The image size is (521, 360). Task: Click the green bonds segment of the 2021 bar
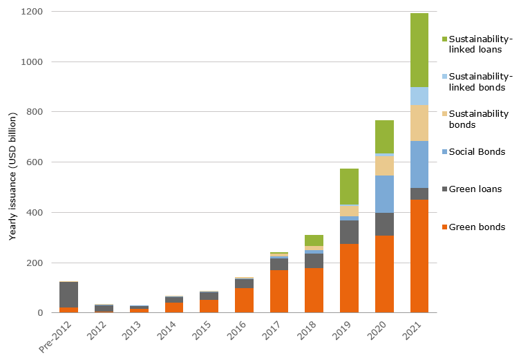point(419,256)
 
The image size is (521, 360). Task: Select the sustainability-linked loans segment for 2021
point(419,50)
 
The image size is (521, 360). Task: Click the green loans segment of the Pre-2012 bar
point(68,294)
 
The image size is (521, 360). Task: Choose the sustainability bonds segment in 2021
point(419,123)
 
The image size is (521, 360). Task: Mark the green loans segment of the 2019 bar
point(349,232)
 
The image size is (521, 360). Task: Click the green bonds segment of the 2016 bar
point(244,301)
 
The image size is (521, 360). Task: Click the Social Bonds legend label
point(476,151)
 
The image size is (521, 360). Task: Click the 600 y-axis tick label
point(35,162)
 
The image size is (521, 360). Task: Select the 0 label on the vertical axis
point(41,313)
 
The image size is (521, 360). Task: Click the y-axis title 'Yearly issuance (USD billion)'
point(12,163)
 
